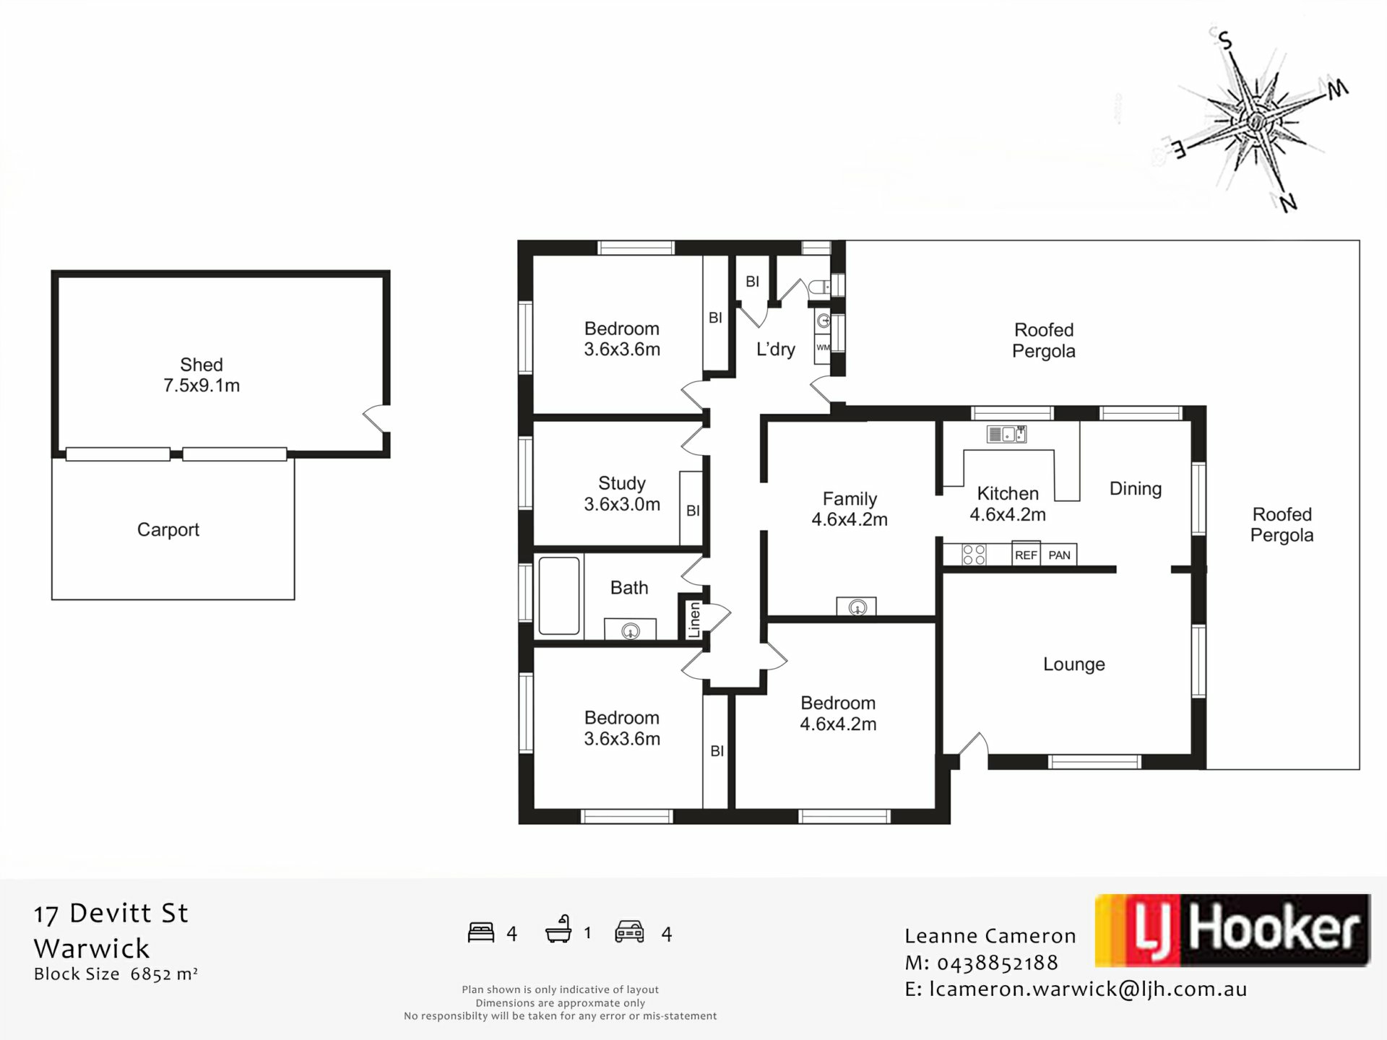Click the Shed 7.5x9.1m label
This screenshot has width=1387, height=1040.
coord(202,375)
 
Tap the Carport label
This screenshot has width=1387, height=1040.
coord(168,529)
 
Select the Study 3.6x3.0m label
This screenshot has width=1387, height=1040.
coord(622,494)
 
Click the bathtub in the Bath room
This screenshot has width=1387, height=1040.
coord(559,596)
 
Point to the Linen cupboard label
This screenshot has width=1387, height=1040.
coord(694,620)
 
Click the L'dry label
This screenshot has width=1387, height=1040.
coord(776,350)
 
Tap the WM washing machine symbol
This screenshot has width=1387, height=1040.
coord(823,347)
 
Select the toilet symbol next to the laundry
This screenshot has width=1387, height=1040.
coord(821,287)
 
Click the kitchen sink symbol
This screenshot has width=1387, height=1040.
coord(1006,434)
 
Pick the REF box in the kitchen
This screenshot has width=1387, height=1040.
coord(1026,555)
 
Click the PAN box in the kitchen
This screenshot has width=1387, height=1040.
coord(1059,555)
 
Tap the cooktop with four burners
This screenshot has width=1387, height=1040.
coord(974,555)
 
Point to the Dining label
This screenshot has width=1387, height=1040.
coord(1136,489)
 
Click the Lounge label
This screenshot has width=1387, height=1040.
coord(1074,664)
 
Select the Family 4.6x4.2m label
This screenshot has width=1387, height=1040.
coord(850,509)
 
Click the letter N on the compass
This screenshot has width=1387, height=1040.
coord(1288,203)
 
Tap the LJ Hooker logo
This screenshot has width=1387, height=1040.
coord(1232,930)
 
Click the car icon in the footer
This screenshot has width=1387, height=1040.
coord(629,932)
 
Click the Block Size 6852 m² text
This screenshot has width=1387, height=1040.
coord(116,974)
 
